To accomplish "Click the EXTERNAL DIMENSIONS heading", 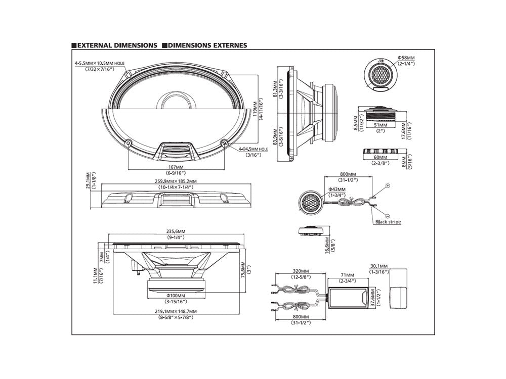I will click(x=117, y=45).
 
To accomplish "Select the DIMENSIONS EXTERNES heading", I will click(x=207, y=45).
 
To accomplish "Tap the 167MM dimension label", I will click(x=176, y=167).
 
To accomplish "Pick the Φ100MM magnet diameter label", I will click(x=176, y=296).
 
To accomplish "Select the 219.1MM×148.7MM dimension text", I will click(x=176, y=311).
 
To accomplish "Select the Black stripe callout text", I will click(x=388, y=222).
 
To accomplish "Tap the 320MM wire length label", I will click(x=300, y=271).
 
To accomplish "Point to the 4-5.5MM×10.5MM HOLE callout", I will click(x=99, y=63).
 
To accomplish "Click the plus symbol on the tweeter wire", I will click(x=388, y=186).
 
